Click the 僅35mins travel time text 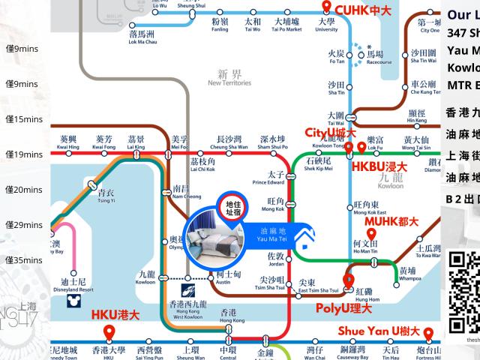click(x=22, y=260)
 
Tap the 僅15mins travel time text click(x=22, y=119)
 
